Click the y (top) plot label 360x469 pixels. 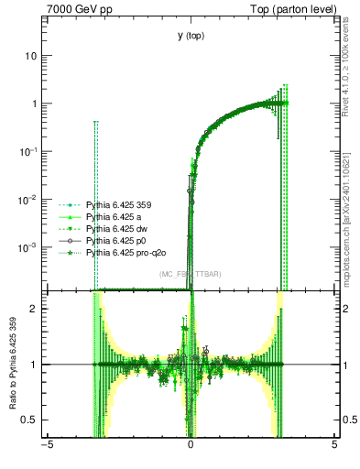191,36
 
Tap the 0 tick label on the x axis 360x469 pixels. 191,446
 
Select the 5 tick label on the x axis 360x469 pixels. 334,446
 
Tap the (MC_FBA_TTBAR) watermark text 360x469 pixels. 190,274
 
